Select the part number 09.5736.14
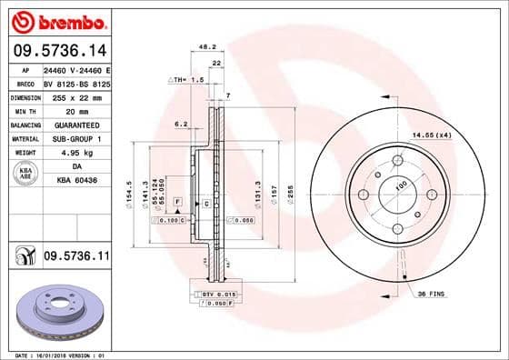(x=58, y=53)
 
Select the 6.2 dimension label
(x=180, y=124)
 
